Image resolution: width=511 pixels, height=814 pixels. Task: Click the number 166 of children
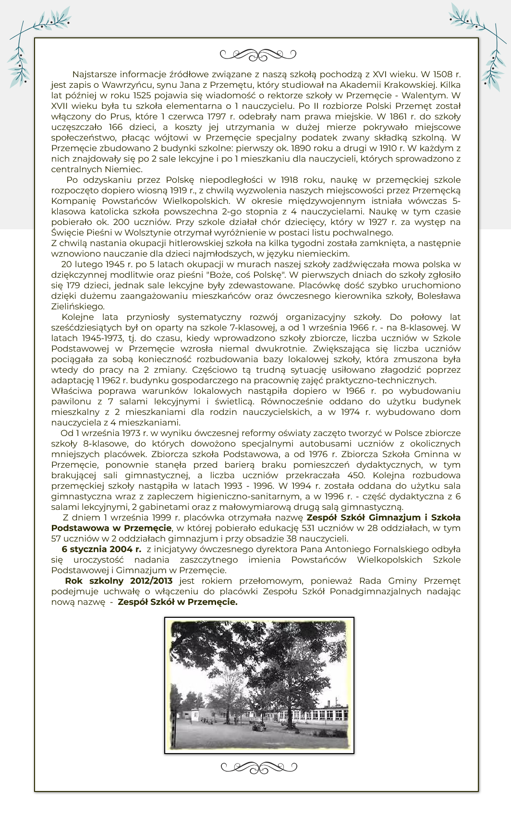(x=116, y=127)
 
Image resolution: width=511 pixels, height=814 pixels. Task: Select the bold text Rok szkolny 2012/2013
(x=119, y=581)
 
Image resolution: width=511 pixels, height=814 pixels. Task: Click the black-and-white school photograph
(x=259, y=685)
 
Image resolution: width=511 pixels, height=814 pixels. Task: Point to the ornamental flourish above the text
(x=258, y=55)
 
